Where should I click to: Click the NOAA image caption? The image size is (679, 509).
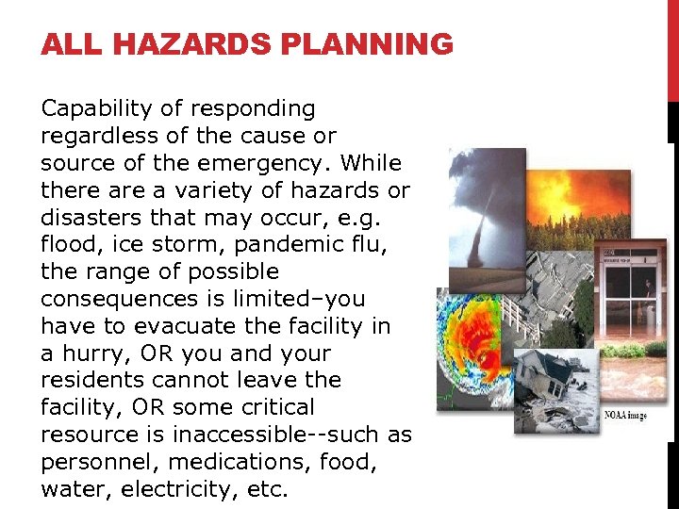(x=624, y=416)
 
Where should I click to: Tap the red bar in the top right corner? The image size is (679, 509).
(x=672, y=47)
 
